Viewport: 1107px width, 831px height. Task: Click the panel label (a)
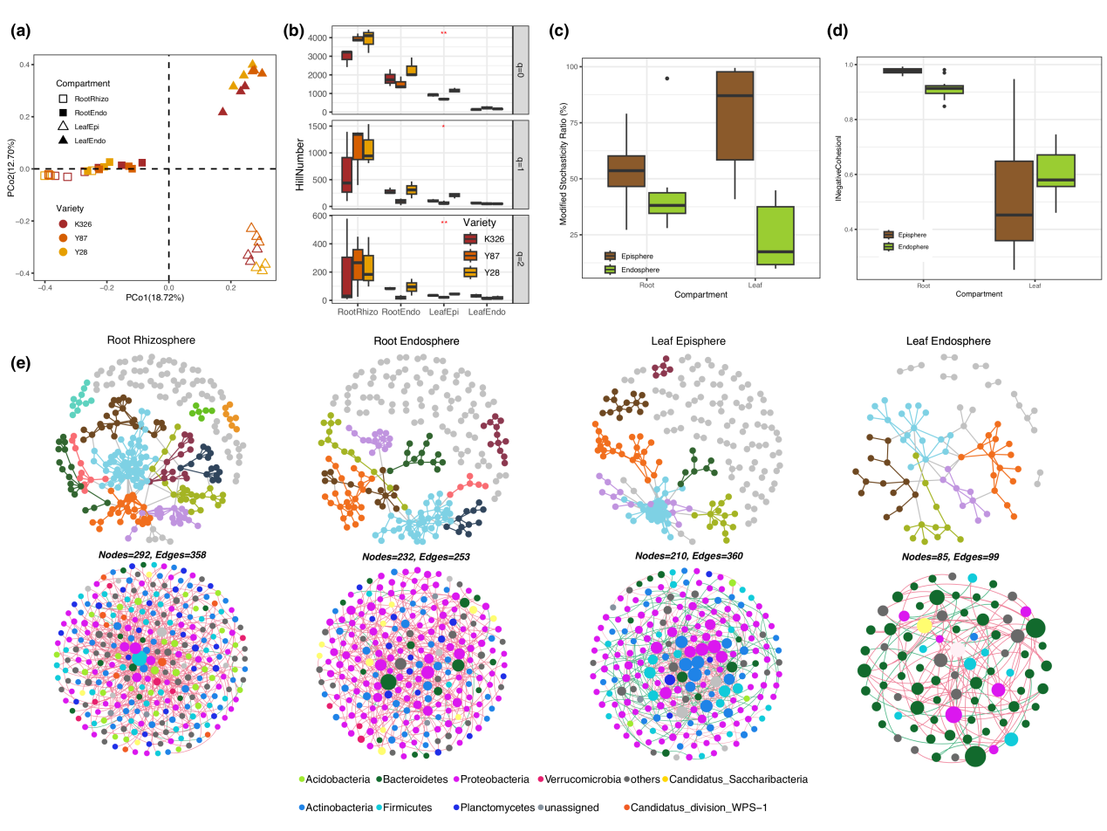click(22, 33)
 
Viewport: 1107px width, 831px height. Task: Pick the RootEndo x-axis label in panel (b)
click(402, 312)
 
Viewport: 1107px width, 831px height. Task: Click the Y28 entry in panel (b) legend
click(486, 272)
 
